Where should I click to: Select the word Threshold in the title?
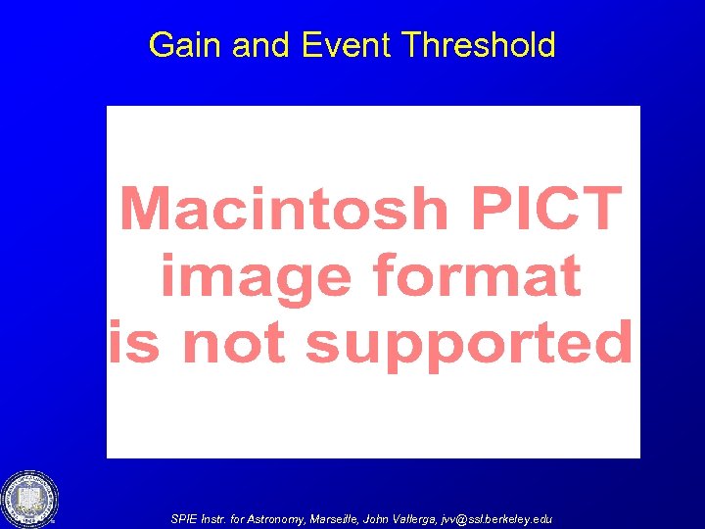point(479,45)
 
